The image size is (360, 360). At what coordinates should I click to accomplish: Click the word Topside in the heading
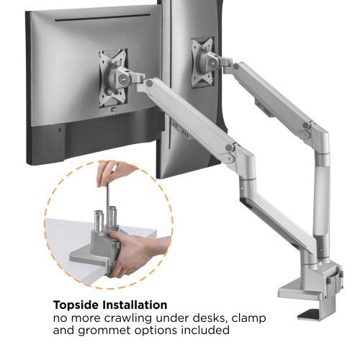(x=76, y=305)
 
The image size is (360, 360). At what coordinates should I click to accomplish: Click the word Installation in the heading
(x=135, y=305)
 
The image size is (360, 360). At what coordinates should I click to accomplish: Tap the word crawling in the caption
(x=129, y=319)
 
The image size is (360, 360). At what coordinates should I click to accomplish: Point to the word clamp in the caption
(x=246, y=319)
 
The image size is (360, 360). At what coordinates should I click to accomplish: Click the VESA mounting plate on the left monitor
(x=113, y=78)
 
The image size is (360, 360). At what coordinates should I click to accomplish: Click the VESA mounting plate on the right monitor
(x=202, y=63)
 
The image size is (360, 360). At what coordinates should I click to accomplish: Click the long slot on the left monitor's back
(x=102, y=18)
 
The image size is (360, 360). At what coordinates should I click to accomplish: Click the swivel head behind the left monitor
(x=118, y=77)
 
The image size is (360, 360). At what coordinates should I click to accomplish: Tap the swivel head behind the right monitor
(x=208, y=60)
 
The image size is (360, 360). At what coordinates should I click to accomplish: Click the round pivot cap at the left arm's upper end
(x=150, y=84)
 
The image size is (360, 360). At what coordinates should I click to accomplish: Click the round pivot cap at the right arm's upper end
(x=237, y=67)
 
